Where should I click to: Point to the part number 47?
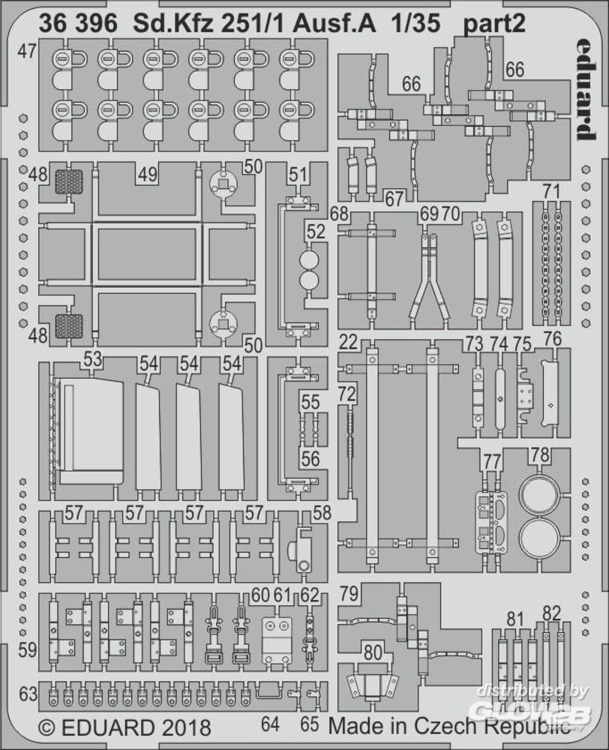pyautogui.click(x=28, y=52)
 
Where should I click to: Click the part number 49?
pyautogui.click(x=148, y=174)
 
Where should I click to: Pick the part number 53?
pyautogui.click(x=93, y=359)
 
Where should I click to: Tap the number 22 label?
pyautogui.click(x=347, y=343)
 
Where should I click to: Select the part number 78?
pyautogui.click(x=540, y=454)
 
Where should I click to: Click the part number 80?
pyautogui.click(x=373, y=652)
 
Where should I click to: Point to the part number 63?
pyautogui.click(x=28, y=695)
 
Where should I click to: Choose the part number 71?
pyautogui.click(x=552, y=190)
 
